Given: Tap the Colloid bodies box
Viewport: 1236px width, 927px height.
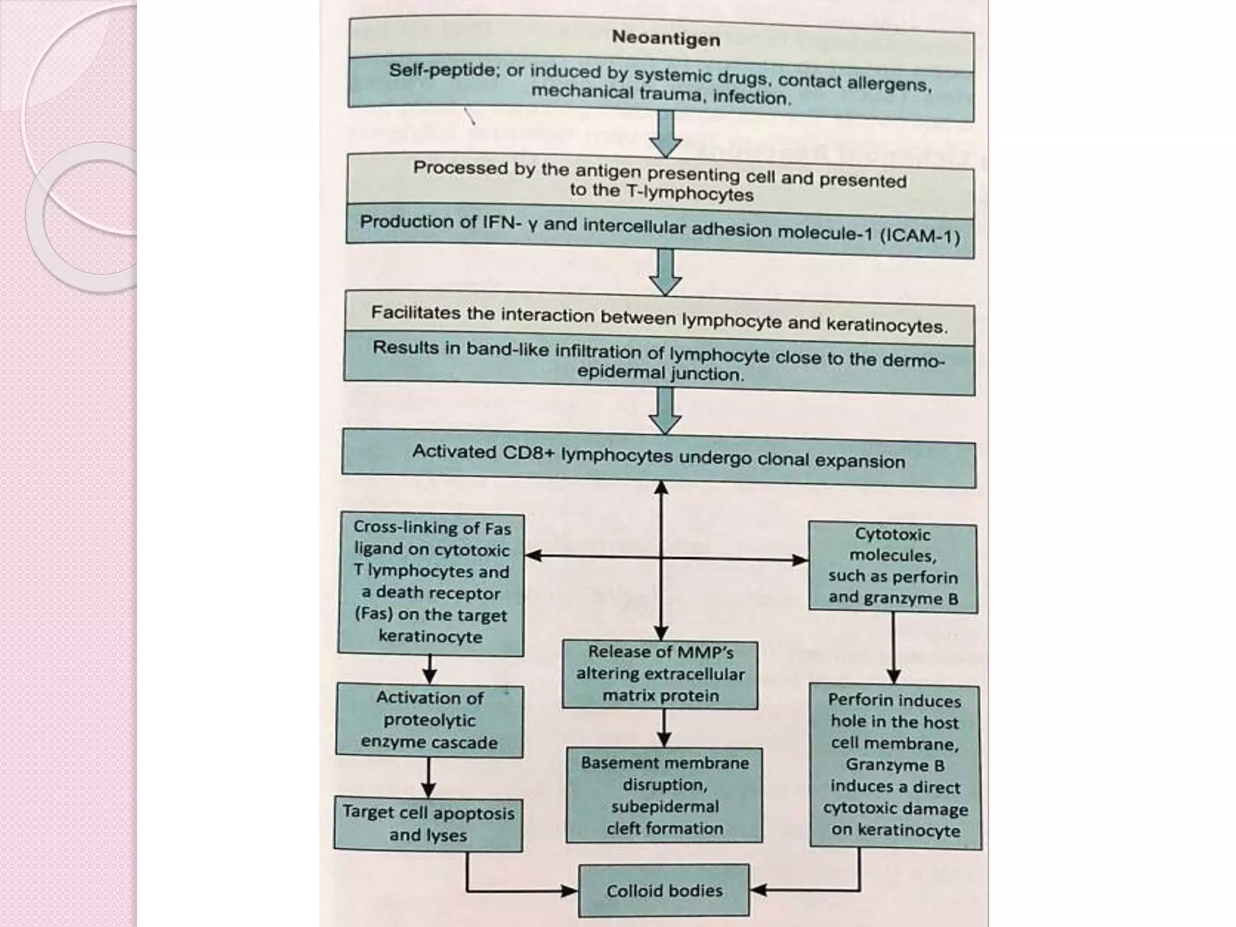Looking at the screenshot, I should (664, 891).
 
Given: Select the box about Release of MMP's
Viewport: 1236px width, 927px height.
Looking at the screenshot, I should (660, 674).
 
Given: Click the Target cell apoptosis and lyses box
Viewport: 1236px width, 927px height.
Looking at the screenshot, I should (428, 824).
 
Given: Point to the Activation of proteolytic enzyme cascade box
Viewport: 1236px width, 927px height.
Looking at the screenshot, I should (430, 720).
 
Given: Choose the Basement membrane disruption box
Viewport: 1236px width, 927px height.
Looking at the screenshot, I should (664, 795).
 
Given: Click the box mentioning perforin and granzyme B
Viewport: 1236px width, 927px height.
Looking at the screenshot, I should (893, 566).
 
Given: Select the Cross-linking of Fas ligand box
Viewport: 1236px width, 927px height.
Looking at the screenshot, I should (431, 582).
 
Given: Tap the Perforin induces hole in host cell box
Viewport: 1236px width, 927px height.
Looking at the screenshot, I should (895, 765).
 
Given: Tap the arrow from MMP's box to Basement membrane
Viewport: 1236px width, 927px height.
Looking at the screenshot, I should (663, 728).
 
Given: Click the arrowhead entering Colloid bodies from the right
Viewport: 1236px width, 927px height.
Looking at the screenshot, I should (758, 890).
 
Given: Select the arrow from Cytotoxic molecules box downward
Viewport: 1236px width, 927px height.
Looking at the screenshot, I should (894, 649).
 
